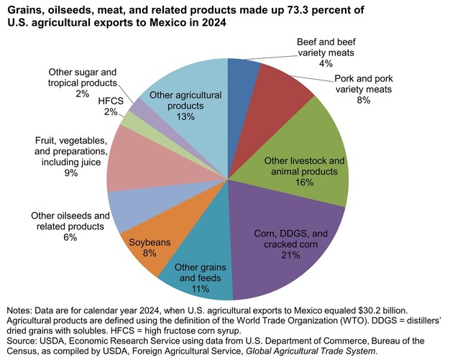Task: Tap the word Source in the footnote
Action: tap(22, 340)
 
